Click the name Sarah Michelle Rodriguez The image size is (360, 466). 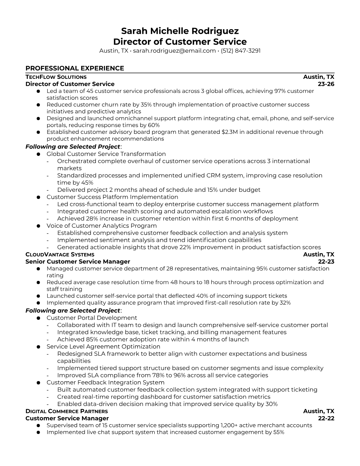click(180, 31)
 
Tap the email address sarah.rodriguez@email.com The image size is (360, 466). click(174, 51)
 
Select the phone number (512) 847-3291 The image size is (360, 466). click(241, 51)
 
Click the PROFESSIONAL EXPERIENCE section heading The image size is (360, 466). click(75, 68)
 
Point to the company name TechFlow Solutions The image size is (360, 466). click(56, 77)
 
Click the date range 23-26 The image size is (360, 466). click(326, 84)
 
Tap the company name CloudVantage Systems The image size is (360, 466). click(60, 254)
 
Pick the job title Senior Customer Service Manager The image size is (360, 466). click(78, 262)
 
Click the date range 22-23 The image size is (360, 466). click(326, 262)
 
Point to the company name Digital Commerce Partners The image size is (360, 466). click(67, 411)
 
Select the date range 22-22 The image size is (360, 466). click(326, 418)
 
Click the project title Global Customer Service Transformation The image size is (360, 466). click(106, 154)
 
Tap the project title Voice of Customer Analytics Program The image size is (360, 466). click(101, 226)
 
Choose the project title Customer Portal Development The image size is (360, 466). click(92, 318)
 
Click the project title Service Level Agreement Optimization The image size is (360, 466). click(103, 347)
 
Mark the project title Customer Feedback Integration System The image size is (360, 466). click(105, 382)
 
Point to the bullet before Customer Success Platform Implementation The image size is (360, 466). click(38, 197)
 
